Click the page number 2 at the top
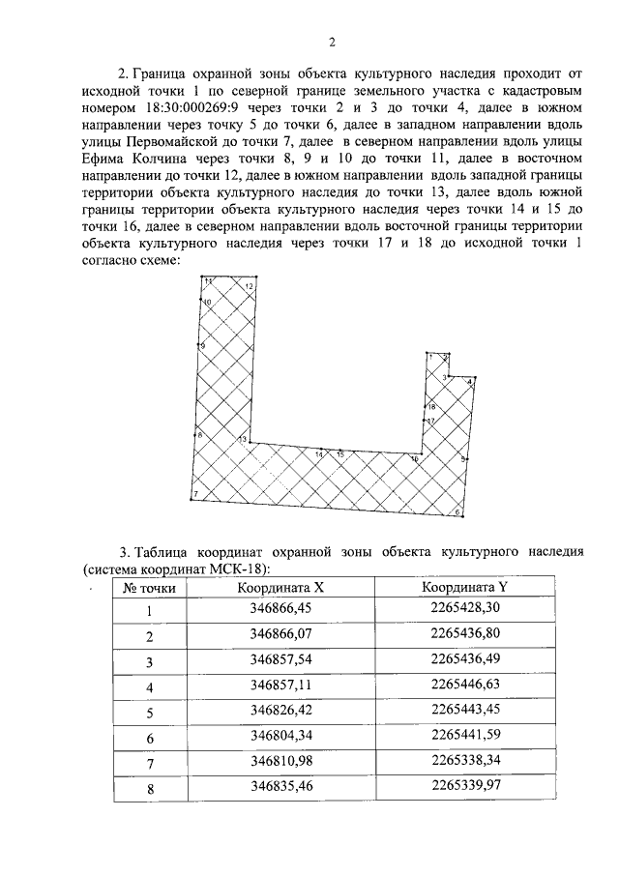(x=331, y=42)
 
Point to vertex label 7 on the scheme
(x=196, y=495)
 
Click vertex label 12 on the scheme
(x=249, y=287)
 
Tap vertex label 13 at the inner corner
(x=244, y=441)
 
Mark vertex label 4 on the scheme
(x=469, y=383)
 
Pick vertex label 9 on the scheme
(x=202, y=345)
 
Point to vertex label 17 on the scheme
(x=431, y=422)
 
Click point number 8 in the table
(x=149, y=788)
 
